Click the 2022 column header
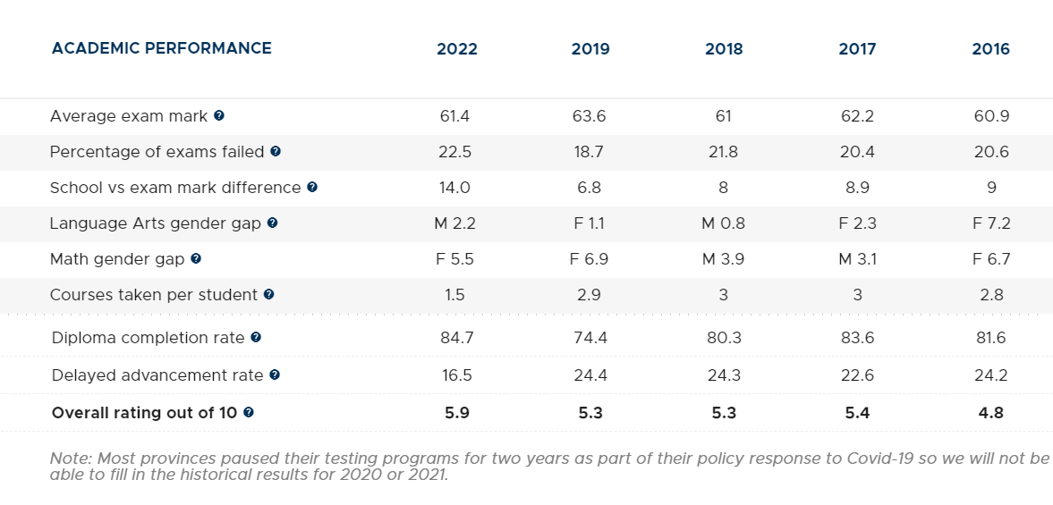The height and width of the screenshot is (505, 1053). pyautogui.click(x=456, y=49)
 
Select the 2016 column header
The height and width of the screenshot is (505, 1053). pyautogui.click(x=990, y=49)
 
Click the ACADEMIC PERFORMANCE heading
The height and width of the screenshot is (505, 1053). pyautogui.click(x=162, y=48)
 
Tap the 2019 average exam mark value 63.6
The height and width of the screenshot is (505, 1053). pyautogui.click(x=589, y=116)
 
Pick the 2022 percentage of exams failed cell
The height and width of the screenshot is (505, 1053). pyautogui.click(x=454, y=152)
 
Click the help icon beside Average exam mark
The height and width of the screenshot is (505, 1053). pyautogui.click(x=219, y=115)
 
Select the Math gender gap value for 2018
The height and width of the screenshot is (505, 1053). pyautogui.click(x=723, y=259)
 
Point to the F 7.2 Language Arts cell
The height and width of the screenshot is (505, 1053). pyautogui.click(x=991, y=223)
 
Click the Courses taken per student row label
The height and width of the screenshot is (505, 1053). pyautogui.click(x=154, y=294)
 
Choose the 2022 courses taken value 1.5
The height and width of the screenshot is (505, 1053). pyautogui.click(x=454, y=294)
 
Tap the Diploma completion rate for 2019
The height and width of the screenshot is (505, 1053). pyautogui.click(x=590, y=337)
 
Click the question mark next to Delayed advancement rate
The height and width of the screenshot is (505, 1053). pyautogui.click(x=274, y=375)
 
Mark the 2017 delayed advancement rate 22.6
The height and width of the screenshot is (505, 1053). pyautogui.click(x=858, y=375)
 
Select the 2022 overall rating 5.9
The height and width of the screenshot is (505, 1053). pyautogui.click(x=456, y=412)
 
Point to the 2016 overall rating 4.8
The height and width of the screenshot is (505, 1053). pyautogui.click(x=991, y=412)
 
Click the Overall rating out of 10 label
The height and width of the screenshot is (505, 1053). pyautogui.click(x=144, y=412)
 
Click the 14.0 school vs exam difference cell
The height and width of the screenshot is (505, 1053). pyautogui.click(x=454, y=188)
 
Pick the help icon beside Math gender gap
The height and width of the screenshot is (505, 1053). pyautogui.click(x=195, y=258)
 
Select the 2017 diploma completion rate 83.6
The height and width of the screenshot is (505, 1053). pyautogui.click(x=858, y=337)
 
